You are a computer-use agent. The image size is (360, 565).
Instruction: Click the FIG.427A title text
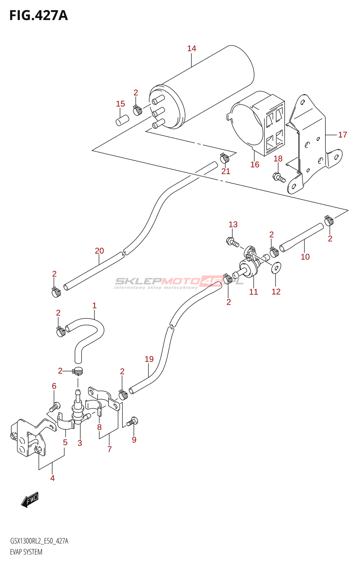[38, 16]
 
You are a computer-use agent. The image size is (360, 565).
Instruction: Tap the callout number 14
[192, 48]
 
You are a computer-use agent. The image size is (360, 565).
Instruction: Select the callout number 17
[343, 135]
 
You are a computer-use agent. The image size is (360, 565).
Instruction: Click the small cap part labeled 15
[122, 120]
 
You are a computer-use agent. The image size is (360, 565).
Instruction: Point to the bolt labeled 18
[279, 177]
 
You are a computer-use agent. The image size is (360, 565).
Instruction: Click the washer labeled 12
[276, 268]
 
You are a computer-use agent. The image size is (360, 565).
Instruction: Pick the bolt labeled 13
[233, 242]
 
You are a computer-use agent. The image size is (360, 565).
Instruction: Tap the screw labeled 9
[133, 422]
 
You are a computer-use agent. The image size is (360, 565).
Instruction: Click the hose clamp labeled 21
[224, 158]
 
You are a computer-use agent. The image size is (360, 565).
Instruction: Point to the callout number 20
[99, 251]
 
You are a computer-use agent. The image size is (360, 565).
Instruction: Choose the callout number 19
[149, 359]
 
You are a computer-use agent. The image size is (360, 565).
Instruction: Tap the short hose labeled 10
[301, 238]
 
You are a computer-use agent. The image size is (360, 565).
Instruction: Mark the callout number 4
[53, 478]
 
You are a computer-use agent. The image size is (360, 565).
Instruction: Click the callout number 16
[255, 165]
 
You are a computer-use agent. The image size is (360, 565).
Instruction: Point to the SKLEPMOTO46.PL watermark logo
[179, 282]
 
